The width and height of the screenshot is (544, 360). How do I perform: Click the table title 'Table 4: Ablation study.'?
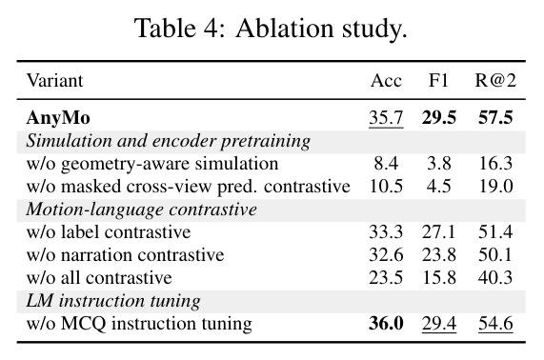click(271, 29)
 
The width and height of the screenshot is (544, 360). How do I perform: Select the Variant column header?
click(55, 80)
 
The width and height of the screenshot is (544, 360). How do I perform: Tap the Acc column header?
click(386, 81)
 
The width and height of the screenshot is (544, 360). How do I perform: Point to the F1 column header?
click(438, 80)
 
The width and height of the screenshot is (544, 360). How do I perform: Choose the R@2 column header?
click(495, 80)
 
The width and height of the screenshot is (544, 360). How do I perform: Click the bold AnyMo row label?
click(58, 118)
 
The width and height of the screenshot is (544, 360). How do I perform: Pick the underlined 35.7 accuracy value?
click(386, 118)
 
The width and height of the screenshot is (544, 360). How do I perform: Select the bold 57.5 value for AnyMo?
click(495, 117)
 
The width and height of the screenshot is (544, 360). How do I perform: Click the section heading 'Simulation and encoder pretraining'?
click(169, 141)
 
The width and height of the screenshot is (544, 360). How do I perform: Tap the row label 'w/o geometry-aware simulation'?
click(152, 164)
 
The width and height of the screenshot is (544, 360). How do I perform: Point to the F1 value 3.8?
click(439, 164)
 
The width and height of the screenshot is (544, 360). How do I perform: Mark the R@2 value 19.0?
click(495, 187)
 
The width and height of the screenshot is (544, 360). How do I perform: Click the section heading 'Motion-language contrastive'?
click(142, 210)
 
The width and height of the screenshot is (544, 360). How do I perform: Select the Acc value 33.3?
click(386, 232)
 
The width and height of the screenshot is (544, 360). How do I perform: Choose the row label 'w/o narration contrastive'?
click(125, 255)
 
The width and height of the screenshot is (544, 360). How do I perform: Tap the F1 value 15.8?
click(439, 278)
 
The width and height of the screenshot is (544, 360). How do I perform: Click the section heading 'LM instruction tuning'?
click(113, 301)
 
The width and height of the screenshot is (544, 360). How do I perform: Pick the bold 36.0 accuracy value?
click(386, 324)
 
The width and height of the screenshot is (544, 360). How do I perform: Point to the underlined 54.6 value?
click(495, 324)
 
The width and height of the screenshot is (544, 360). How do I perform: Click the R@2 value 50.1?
click(495, 255)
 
